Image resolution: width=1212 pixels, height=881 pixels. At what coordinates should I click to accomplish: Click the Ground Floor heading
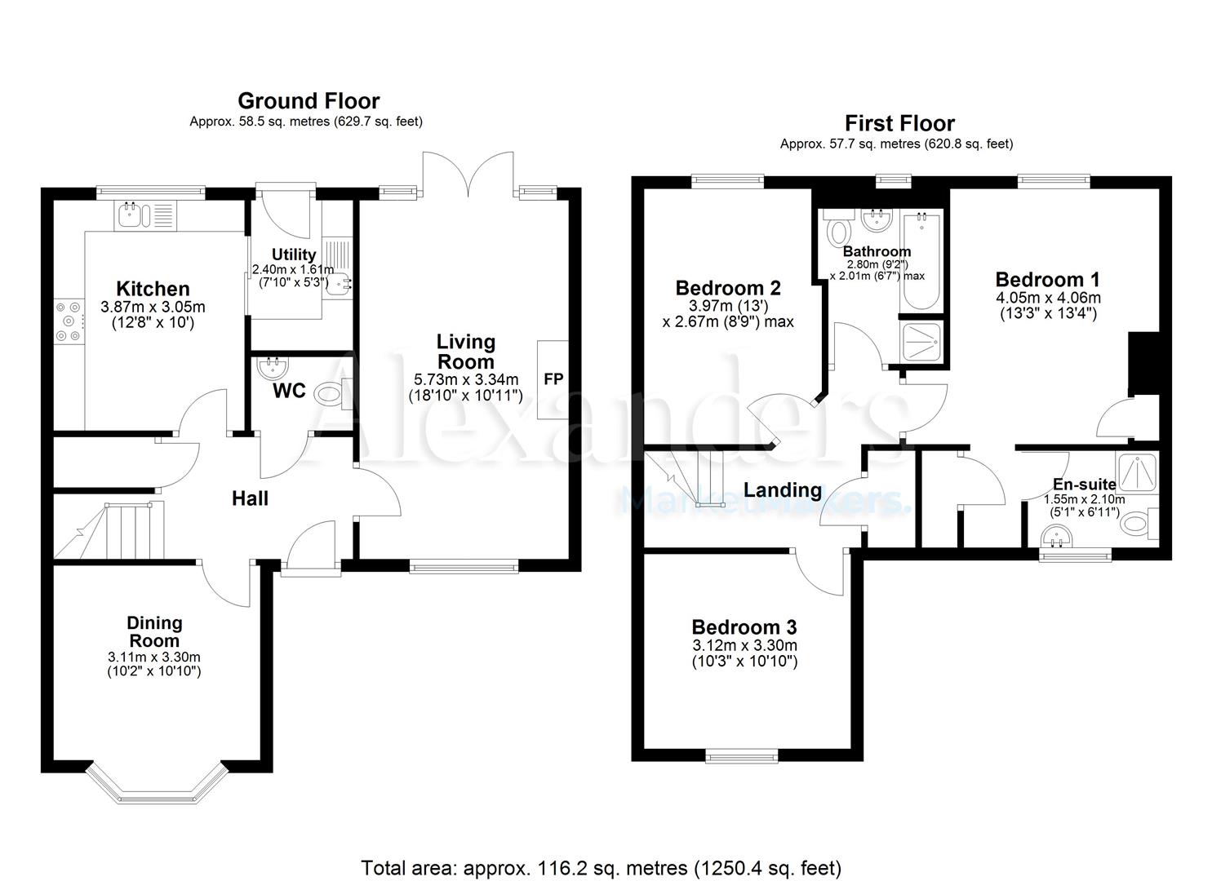click(309, 101)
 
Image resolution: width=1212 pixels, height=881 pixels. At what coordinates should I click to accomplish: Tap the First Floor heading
click(899, 123)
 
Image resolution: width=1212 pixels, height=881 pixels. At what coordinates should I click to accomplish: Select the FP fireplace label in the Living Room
click(553, 379)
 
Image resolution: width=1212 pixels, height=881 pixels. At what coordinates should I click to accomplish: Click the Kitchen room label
click(153, 289)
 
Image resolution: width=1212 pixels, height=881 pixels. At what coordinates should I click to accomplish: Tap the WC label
click(289, 391)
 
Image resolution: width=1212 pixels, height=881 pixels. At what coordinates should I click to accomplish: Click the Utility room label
click(294, 255)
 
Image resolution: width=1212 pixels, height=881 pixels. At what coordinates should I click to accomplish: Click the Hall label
click(250, 498)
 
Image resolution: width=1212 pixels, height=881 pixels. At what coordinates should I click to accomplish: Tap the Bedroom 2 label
click(728, 288)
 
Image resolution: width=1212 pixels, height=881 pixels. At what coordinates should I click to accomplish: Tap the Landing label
click(783, 490)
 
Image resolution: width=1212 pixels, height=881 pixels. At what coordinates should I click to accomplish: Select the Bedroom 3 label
click(744, 627)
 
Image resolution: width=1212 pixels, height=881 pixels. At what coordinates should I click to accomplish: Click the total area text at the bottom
click(601, 867)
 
